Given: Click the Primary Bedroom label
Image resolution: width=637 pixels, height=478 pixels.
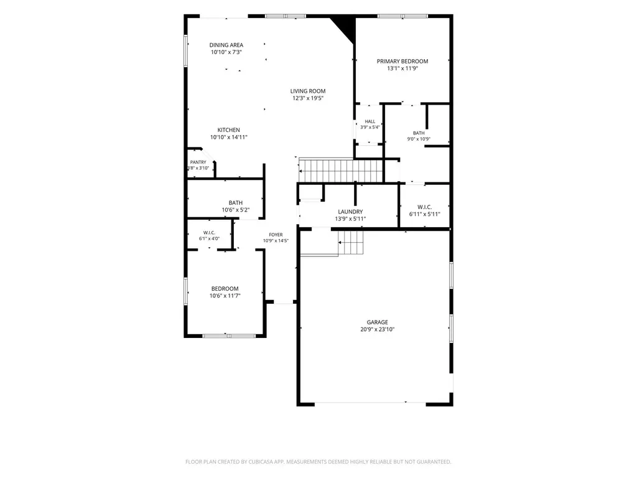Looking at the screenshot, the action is pyautogui.click(x=402, y=62).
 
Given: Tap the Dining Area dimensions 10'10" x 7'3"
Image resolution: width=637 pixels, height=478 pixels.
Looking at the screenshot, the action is pyautogui.click(x=226, y=52).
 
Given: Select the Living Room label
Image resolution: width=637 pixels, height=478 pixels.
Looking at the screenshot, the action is pyautogui.click(x=308, y=91).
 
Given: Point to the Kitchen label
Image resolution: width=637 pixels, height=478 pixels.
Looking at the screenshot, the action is pyautogui.click(x=229, y=130).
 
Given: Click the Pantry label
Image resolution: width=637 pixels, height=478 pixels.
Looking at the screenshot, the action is pyautogui.click(x=198, y=162).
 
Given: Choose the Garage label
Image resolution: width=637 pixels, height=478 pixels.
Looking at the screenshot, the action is pyautogui.click(x=378, y=322).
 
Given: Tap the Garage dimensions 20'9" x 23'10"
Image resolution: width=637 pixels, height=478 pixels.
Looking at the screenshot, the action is pyautogui.click(x=378, y=330).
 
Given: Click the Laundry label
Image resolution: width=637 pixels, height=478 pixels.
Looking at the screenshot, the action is pyautogui.click(x=351, y=212).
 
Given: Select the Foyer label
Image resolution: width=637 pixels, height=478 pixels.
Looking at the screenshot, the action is pyautogui.click(x=276, y=235).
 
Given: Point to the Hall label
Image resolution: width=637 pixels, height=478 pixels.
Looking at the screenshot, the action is pyautogui.click(x=370, y=121).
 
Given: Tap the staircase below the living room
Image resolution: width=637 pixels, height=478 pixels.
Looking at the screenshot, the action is pyautogui.click(x=341, y=171).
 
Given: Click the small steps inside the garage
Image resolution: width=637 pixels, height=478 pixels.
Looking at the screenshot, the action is pyautogui.click(x=351, y=243).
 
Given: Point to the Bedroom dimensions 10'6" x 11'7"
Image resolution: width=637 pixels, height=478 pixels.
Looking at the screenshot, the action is pyautogui.click(x=225, y=296).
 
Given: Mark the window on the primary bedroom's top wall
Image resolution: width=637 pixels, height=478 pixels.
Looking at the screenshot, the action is pyautogui.click(x=402, y=16).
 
